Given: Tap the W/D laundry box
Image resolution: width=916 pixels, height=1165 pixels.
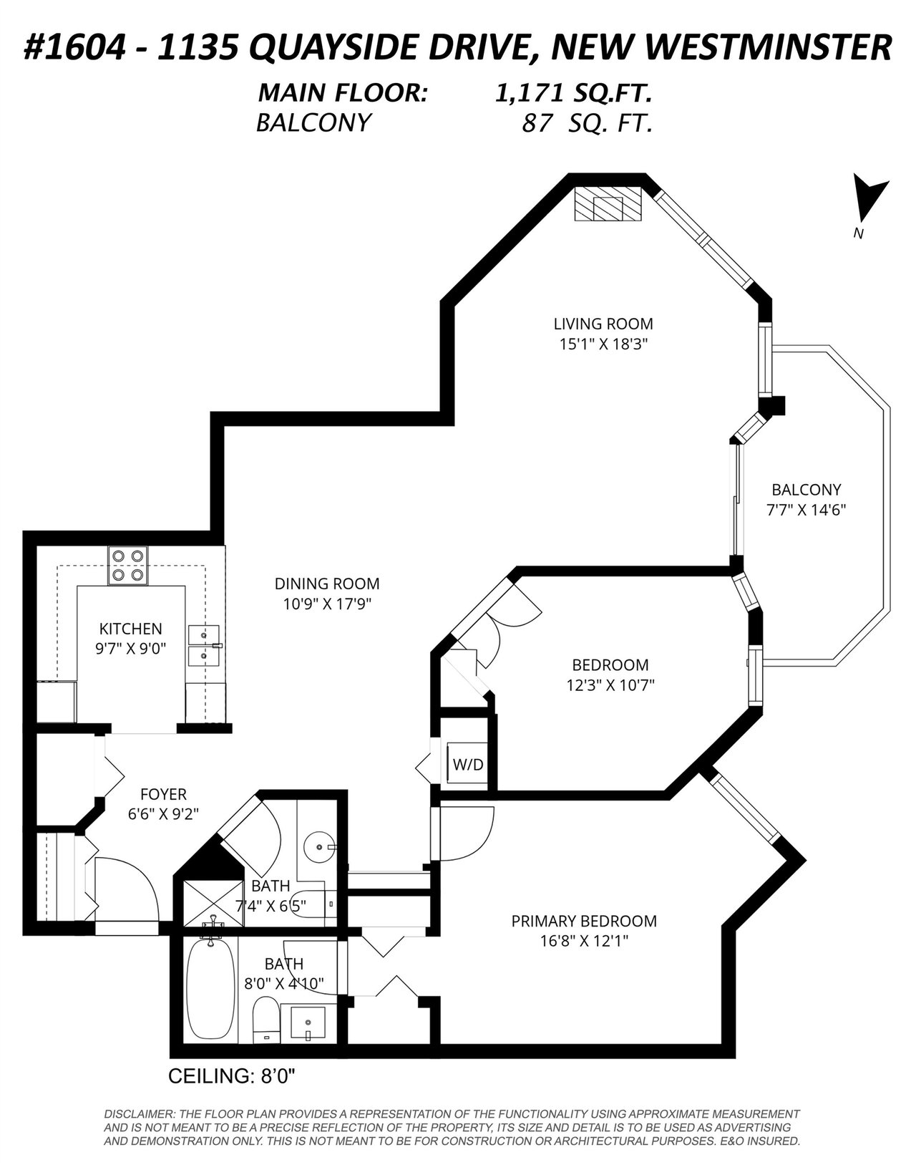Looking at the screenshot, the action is pos(469,765).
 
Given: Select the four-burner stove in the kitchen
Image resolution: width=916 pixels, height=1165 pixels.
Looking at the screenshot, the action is pos(127,566).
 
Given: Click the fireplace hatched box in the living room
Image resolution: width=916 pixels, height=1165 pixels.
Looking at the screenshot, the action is pos(608,203).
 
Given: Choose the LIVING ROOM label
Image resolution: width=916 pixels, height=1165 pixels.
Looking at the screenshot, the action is pos(603,324).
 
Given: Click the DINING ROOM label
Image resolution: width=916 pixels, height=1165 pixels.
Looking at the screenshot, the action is pos(327,584).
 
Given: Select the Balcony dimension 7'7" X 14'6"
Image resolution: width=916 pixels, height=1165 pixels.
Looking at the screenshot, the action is pos(807,510).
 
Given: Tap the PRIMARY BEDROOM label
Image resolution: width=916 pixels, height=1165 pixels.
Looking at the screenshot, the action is pos(584,921).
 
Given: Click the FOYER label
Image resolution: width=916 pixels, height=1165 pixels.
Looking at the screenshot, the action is pos(163,794).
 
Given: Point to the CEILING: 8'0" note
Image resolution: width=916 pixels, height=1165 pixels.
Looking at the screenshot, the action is pos(232,1075).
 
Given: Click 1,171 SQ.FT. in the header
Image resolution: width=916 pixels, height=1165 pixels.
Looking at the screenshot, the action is pos(573,94).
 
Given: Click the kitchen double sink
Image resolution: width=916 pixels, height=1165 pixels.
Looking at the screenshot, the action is pos(204,645).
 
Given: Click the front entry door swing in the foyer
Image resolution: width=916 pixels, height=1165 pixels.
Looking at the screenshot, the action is pos(127,888).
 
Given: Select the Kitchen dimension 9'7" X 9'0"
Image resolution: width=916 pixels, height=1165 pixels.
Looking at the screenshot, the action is pos(130,648).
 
